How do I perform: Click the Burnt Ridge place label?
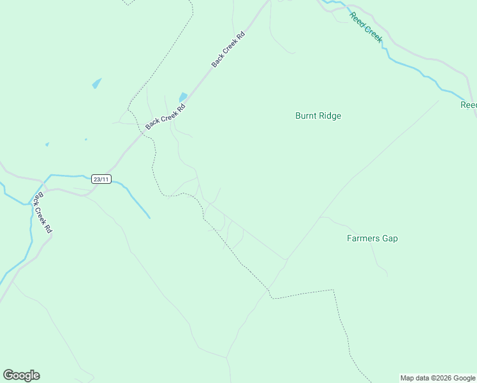click(x=318, y=116)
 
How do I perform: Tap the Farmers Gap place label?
click(x=372, y=238)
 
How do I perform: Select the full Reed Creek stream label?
click(x=366, y=27)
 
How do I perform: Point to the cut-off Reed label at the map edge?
click(x=469, y=105)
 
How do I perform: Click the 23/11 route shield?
click(x=101, y=179)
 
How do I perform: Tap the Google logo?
click(x=21, y=375)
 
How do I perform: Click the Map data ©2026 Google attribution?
click(x=437, y=378)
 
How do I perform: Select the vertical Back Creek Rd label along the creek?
click(x=43, y=213)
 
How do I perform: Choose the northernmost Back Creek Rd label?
click(x=228, y=50)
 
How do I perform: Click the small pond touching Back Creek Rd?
click(x=183, y=97)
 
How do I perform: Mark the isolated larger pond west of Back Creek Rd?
click(x=96, y=83)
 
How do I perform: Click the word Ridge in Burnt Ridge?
click(x=330, y=116)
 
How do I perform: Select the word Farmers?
click(x=363, y=238)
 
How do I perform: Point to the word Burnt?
click(x=305, y=116)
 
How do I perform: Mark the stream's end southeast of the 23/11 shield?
click(x=150, y=218)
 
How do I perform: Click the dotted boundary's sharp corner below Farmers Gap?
click(x=334, y=290)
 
